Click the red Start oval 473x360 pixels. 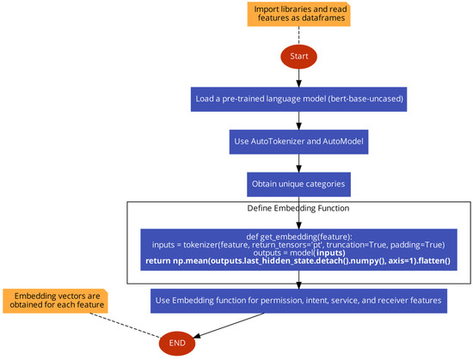pos(298,56)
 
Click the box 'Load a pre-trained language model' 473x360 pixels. pos(298,98)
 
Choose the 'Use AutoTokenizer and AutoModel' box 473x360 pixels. pos(298,141)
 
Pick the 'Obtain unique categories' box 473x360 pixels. pos(298,184)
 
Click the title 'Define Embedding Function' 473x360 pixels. pos(299,209)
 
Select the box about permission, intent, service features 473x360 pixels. pos(298,300)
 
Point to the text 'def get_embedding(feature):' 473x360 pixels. pos(298,235)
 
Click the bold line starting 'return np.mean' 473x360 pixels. pos(298,260)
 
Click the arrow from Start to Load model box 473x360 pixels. pos(298,76)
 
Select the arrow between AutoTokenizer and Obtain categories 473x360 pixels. pos(298,162)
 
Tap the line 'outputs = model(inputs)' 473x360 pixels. pos(298,252)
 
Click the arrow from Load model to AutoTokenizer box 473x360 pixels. pos(298,119)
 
